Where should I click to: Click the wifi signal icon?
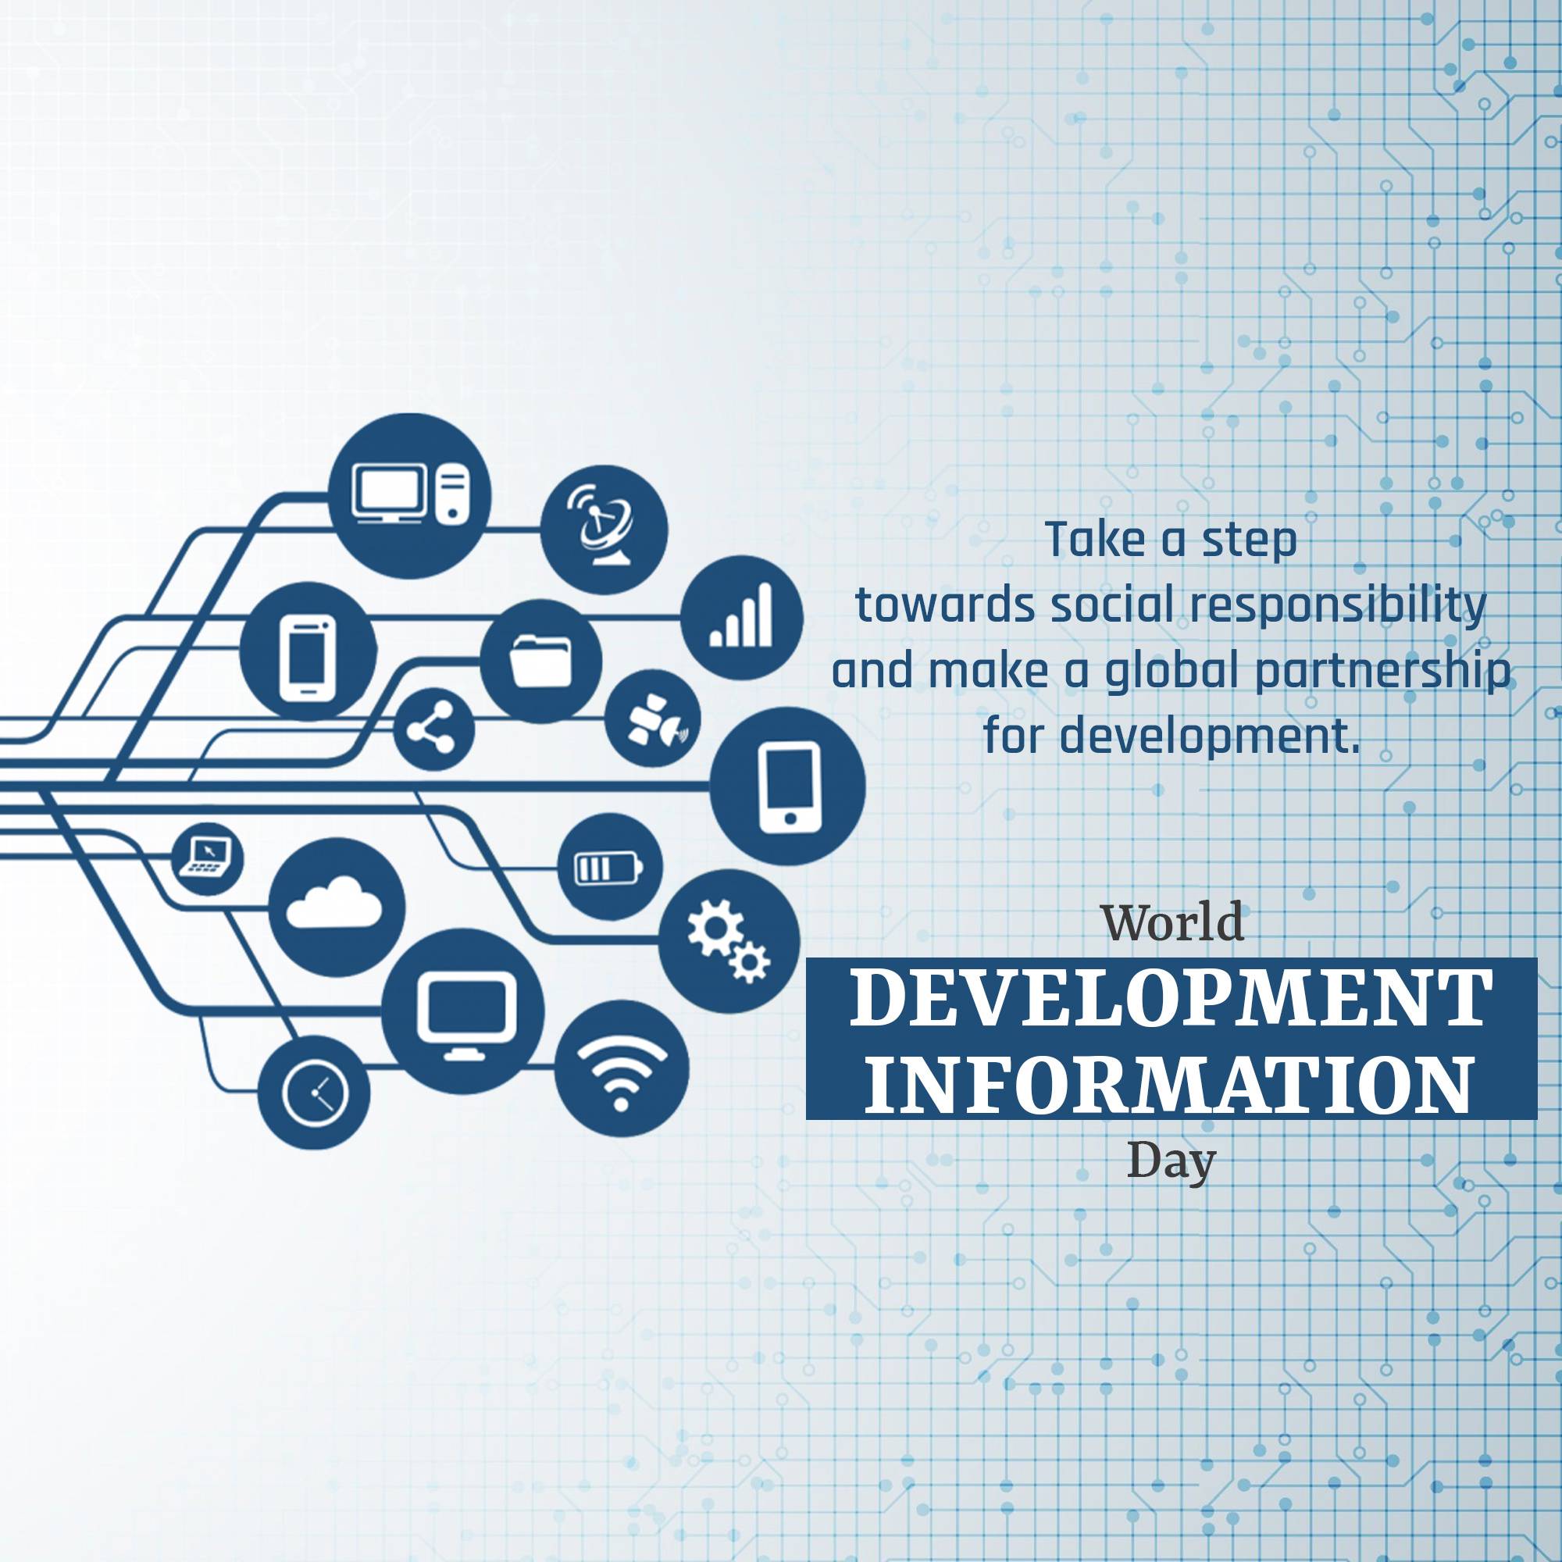(621, 1068)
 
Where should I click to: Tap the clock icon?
(315, 1094)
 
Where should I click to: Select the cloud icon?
(336, 905)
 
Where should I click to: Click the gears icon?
(729, 940)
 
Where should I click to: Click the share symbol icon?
(433, 729)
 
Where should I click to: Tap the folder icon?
(541, 660)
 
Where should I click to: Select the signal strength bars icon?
(741, 618)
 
